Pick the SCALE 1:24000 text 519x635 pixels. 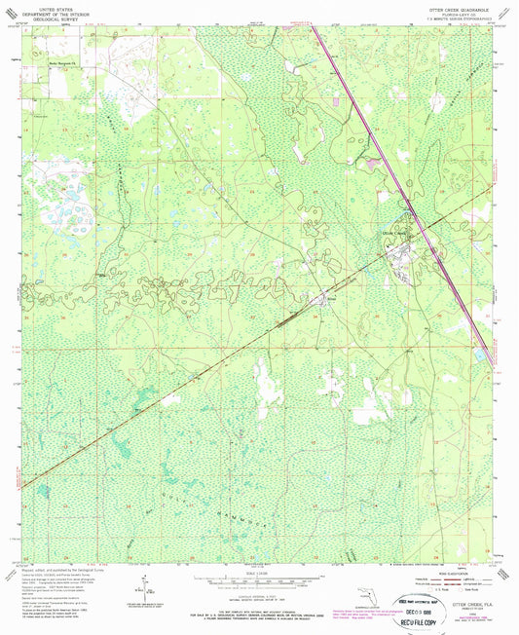[258, 573]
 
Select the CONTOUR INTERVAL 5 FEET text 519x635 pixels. [258, 594]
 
